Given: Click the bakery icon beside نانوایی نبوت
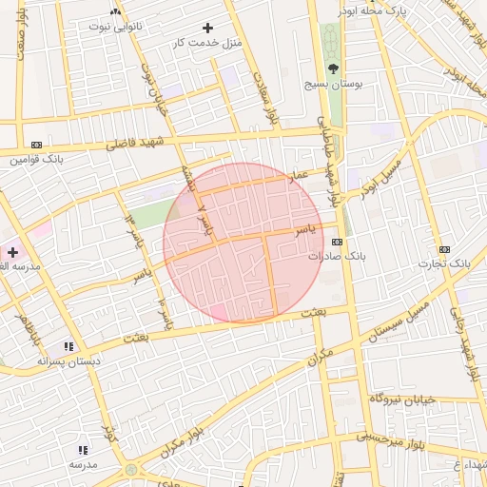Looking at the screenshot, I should (x=115, y=11).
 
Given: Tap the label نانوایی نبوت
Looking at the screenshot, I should (x=115, y=26).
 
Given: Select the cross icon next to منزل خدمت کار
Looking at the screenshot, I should (x=208, y=29).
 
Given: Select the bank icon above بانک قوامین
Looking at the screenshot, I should (x=36, y=144).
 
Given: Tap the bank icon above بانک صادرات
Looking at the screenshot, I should (x=336, y=242).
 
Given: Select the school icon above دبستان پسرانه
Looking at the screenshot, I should (x=68, y=347).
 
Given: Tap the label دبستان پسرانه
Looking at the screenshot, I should (x=68, y=362).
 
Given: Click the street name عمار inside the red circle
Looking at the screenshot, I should (x=300, y=177).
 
